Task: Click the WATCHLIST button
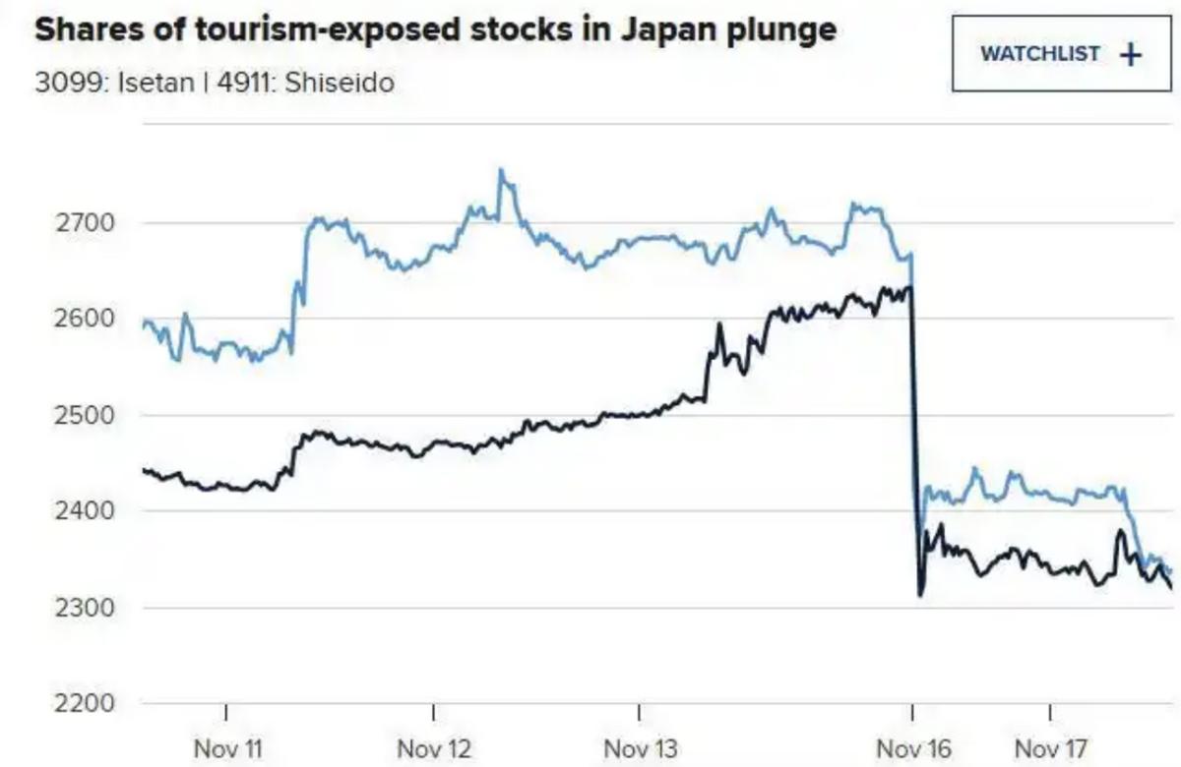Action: tap(1061, 54)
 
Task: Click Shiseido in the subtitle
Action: tap(341, 82)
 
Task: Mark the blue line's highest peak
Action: tap(501, 171)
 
